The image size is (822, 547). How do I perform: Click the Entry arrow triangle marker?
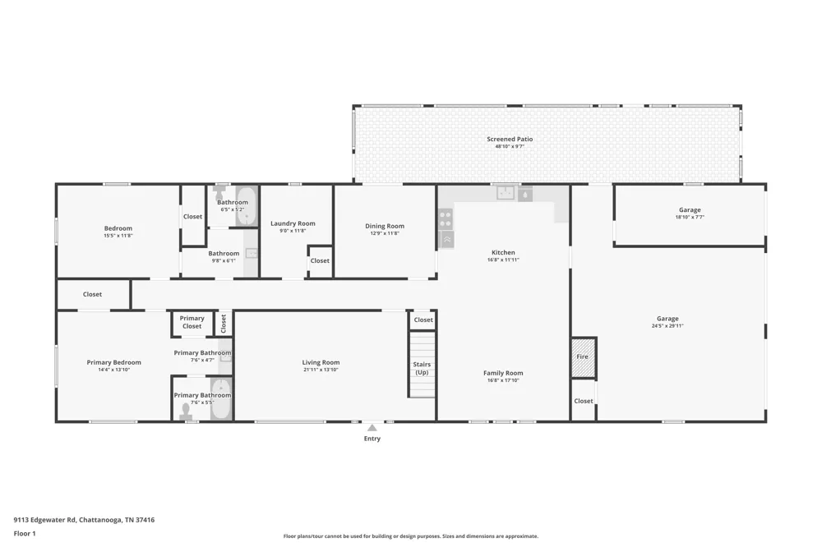coord(372,428)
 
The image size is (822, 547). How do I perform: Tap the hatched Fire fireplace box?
coord(584,357)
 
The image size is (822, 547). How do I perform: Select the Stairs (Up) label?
coord(422,368)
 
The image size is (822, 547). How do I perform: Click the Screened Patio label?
coord(510,139)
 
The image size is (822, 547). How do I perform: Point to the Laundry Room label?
coord(293,223)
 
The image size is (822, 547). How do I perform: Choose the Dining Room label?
coord(385,226)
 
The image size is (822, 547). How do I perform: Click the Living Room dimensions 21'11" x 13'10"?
coord(321,370)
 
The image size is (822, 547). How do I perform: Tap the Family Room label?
coord(503,373)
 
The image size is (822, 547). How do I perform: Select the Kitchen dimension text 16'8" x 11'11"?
coord(503,260)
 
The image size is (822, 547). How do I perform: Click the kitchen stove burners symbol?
coord(446,218)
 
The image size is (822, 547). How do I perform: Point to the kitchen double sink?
coord(506,193)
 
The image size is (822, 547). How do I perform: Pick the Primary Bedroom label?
coord(113,362)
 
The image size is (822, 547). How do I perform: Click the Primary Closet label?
coord(192,322)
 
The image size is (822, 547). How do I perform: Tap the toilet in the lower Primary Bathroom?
coord(186,411)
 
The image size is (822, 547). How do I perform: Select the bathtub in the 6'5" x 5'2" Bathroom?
coord(245,206)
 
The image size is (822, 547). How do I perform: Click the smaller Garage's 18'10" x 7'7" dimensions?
coord(690,217)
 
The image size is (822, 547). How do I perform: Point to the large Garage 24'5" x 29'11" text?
coord(667,325)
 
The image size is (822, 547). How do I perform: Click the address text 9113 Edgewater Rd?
coord(44,520)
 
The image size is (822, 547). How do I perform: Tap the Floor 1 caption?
coord(25,533)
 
